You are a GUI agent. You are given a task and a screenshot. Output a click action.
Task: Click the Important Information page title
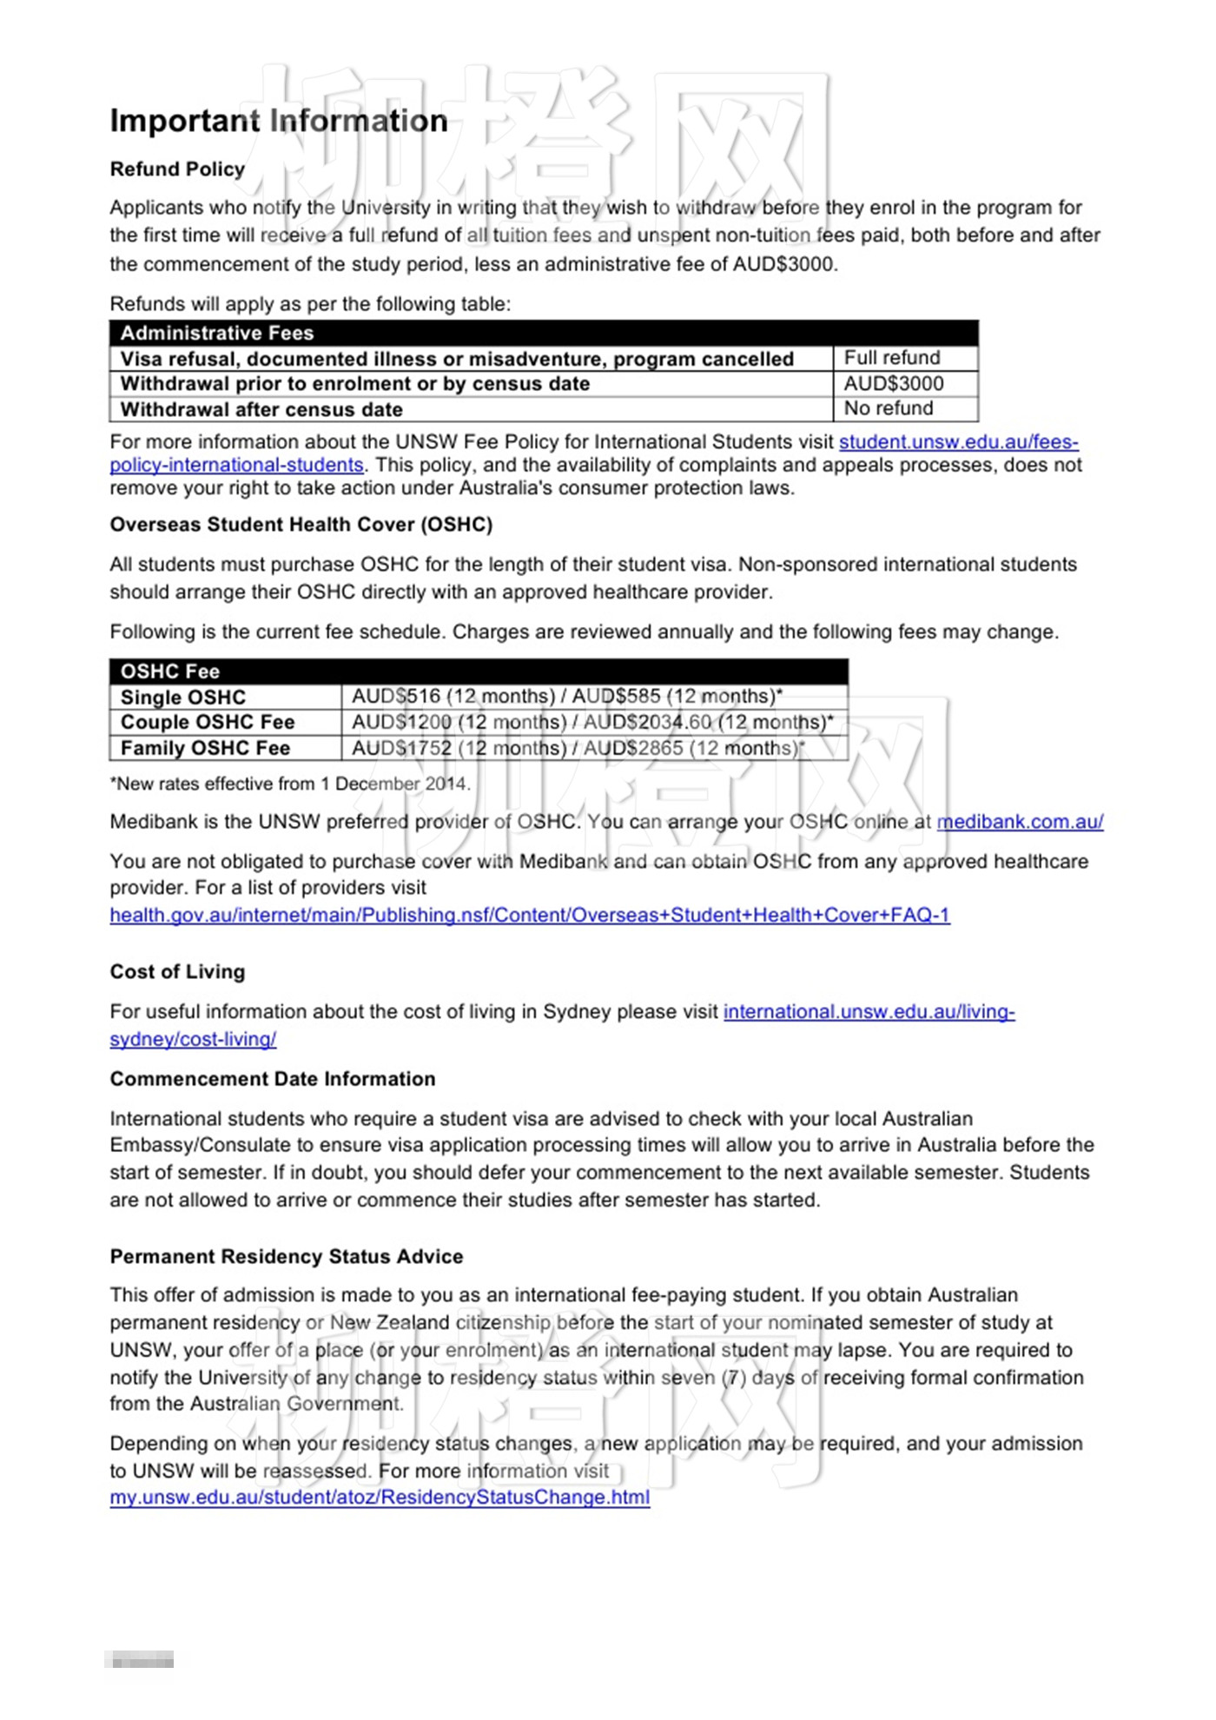279,121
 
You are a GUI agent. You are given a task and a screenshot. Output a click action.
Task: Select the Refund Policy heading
177,169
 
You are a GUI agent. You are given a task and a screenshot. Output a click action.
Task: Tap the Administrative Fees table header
217,334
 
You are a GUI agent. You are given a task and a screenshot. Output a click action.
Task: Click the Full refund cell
892,358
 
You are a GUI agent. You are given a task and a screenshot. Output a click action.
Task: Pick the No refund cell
889,408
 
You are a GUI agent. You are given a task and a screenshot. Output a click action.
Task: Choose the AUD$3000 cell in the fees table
894,383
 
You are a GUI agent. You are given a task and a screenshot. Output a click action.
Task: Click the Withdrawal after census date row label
261,409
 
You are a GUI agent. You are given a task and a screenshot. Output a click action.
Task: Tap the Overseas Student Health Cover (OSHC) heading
301,525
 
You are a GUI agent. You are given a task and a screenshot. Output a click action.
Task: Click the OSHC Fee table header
170,671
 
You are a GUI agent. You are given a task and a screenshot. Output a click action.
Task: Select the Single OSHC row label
183,698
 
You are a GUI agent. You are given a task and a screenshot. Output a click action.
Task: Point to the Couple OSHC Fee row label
208,723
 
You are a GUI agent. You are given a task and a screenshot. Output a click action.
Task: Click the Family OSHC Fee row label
205,748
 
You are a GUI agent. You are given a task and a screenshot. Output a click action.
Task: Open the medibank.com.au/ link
1020,822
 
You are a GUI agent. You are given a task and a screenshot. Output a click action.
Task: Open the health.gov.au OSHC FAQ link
530,915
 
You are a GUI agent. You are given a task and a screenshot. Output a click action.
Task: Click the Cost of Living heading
177,972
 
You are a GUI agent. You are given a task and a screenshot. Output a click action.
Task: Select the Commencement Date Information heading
273,1079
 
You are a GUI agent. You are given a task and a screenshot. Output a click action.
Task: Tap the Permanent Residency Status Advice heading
287,1257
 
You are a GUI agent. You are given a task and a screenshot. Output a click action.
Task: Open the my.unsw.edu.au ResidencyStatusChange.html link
380,1498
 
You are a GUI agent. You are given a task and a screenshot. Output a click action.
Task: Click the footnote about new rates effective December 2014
290,784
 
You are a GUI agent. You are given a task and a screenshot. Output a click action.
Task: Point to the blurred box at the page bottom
140,1660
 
